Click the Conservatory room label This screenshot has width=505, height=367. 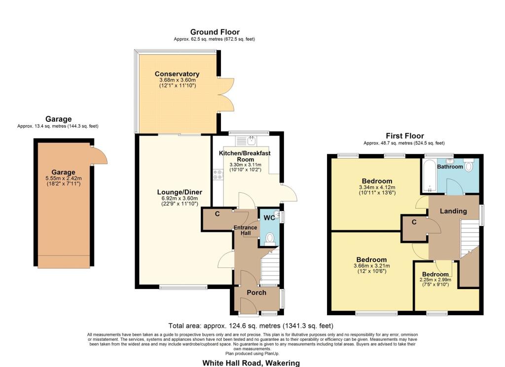[177, 74]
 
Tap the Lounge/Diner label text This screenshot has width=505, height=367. [180, 192]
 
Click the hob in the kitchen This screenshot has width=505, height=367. [218, 174]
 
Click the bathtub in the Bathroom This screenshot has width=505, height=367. [429, 176]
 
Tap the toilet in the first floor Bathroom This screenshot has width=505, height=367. [469, 165]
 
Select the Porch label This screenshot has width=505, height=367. [256, 293]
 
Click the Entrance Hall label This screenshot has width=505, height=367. [245, 230]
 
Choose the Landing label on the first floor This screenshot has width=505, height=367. [453, 211]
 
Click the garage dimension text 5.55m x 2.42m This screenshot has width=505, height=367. [64, 179]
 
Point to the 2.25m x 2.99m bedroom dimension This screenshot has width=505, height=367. [435, 280]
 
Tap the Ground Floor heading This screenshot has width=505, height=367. [215, 32]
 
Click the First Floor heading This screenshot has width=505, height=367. [405, 136]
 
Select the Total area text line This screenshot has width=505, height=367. [251, 326]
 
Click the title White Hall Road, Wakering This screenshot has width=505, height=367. [251, 363]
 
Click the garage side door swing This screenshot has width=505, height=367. [99, 155]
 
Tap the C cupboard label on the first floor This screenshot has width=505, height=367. [414, 222]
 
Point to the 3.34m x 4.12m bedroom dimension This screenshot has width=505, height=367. [377, 187]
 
